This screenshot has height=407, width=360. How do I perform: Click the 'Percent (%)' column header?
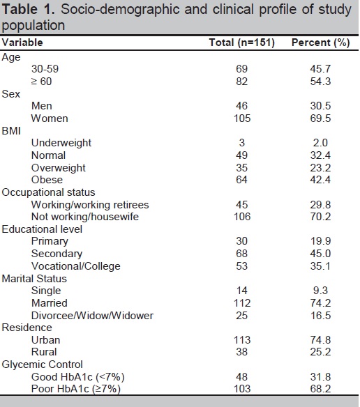(x=320, y=43)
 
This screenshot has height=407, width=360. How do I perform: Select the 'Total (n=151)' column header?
(x=241, y=43)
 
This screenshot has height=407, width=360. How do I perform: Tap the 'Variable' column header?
(x=22, y=43)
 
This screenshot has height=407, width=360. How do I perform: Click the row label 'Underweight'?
(x=61, y=143)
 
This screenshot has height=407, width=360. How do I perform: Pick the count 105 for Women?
(x=242, y=118)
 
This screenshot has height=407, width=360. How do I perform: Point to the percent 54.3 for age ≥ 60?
(x=320, y=82)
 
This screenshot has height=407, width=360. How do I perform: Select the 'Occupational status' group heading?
(x=48, y=192)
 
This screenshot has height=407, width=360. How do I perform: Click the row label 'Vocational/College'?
(x=75, y=266)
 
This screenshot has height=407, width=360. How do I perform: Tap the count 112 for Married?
(x=242, y=303)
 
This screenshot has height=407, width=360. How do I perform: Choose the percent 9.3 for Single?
(x=320, y=291)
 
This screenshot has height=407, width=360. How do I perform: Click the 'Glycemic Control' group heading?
(x=42, y=364)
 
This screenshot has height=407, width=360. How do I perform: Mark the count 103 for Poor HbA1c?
(x=242, y=389)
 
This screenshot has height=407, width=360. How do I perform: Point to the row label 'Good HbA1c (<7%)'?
(x=77, y=377)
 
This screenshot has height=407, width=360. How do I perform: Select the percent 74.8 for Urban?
(x=320, y=340)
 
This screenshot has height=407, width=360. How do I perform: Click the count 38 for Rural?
(x=241, y=352)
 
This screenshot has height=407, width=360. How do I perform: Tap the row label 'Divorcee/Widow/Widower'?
(x=92, y=316)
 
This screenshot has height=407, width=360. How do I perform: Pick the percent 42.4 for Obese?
(x=320, y=180)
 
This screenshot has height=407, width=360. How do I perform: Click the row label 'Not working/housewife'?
(x=85, y=217)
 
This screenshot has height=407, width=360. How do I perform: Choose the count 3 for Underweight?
(x=241, y=143)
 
